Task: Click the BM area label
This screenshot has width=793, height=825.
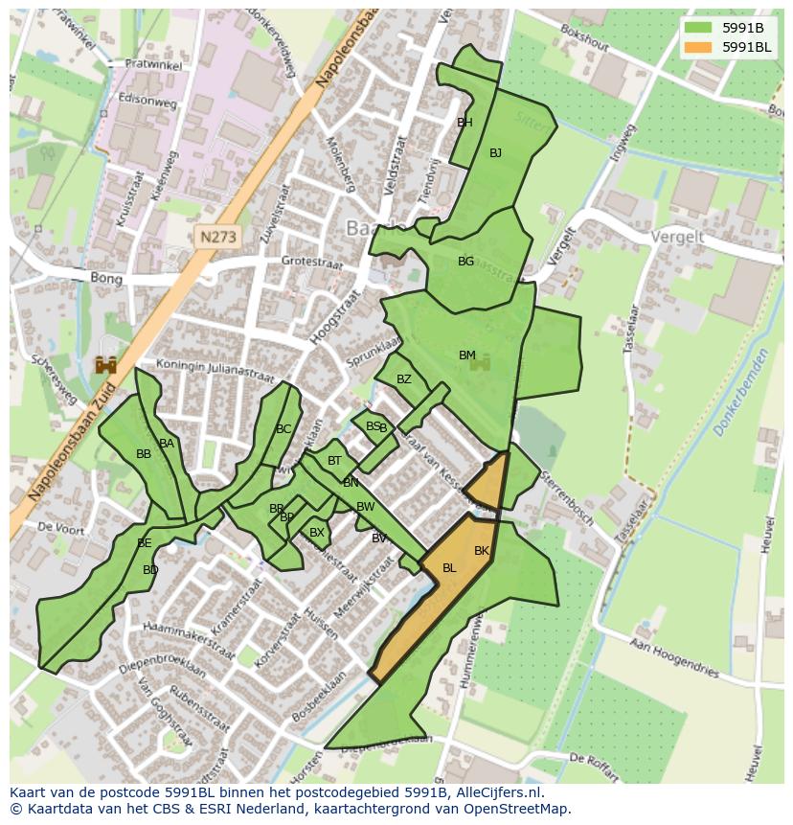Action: pos(466,355)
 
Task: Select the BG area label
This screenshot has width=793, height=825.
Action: pos(465,262)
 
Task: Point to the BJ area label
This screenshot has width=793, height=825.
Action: pos(495,153)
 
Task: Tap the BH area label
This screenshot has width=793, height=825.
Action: pos(464,123)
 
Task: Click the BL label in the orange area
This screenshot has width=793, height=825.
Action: pos(449,568)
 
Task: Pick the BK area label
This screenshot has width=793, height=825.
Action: pos(482,551)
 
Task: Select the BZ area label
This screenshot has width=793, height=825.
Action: pos(404,379)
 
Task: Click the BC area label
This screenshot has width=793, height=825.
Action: pos(283,429)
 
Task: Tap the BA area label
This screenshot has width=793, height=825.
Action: pos(167,444)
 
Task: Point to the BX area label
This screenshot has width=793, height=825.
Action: pos(317,533)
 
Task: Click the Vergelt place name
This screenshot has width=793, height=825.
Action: pos(677,237)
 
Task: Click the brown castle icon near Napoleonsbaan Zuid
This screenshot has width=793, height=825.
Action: pos(105,365)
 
